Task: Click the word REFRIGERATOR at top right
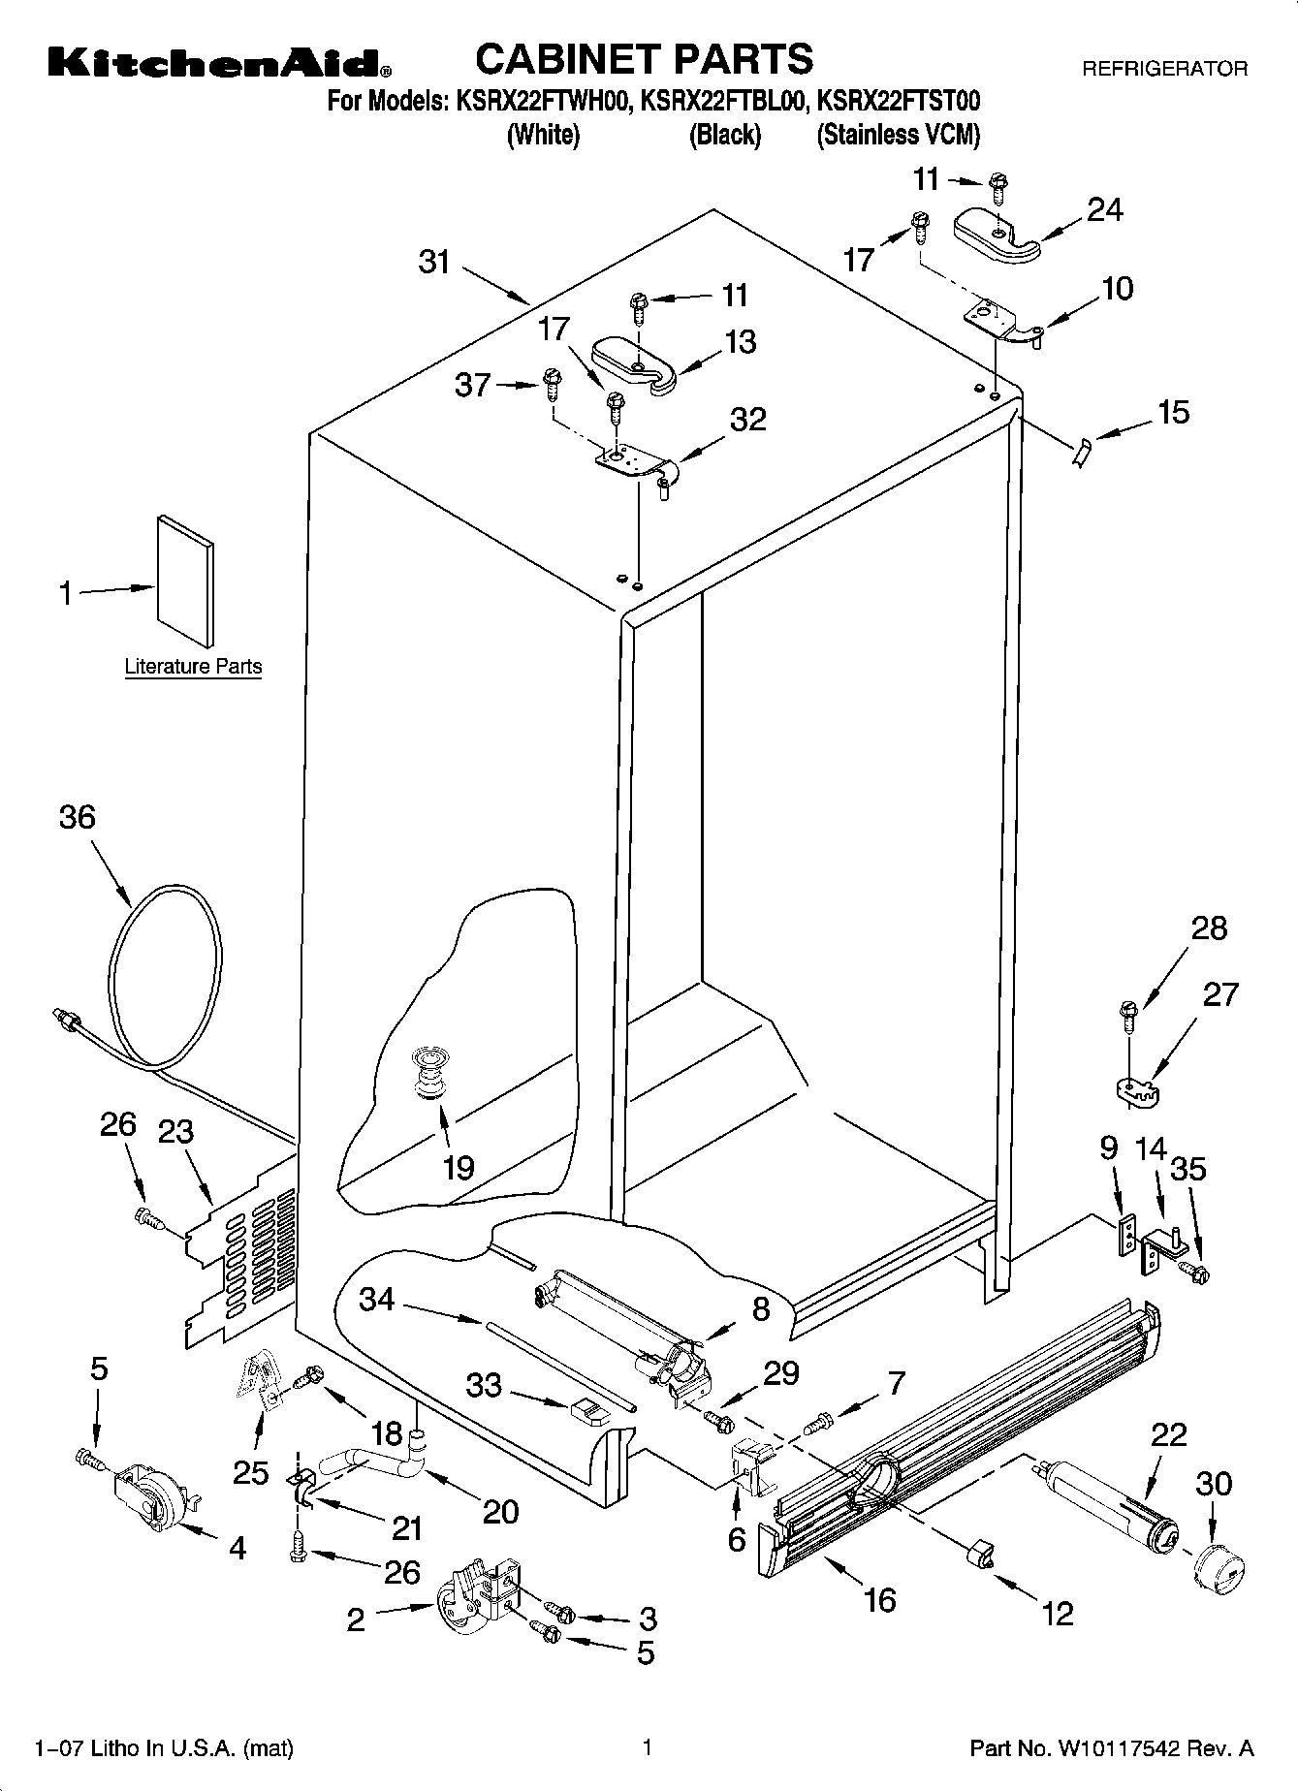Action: pyautogui.click(x=1164, y=70)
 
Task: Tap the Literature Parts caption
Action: pyautogui.click(x=193, y=667)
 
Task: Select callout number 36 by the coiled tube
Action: pyautogui.click(x=78, y=817)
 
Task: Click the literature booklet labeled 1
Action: pyautogui.click(x=185, y=581)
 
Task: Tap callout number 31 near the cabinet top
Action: pyautogui.click(x=435, y=262)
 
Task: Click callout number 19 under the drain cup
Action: pyautogui.click(x=458, y=1167)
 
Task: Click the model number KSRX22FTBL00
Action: pyautogui.click(x=722, y=101)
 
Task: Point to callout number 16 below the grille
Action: pyautogui.click(x=879, y=1599)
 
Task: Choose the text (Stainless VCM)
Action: pyautogui.click(x=898, y=135)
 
